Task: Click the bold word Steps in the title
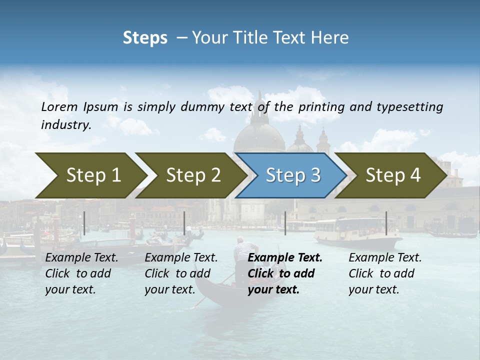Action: click(145, 38)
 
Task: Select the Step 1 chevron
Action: click(90, 175)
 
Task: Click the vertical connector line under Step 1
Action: click(84, 223)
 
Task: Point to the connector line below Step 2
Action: click(184, 223)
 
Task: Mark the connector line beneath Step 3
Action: click(285, 223)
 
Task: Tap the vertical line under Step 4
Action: click(386, 223)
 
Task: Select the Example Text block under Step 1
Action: click(81, 273)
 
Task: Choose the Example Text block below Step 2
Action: click(181, 273)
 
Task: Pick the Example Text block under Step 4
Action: click(385, 273)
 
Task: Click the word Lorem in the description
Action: click(59, 107)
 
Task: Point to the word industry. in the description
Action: click(66, 125)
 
